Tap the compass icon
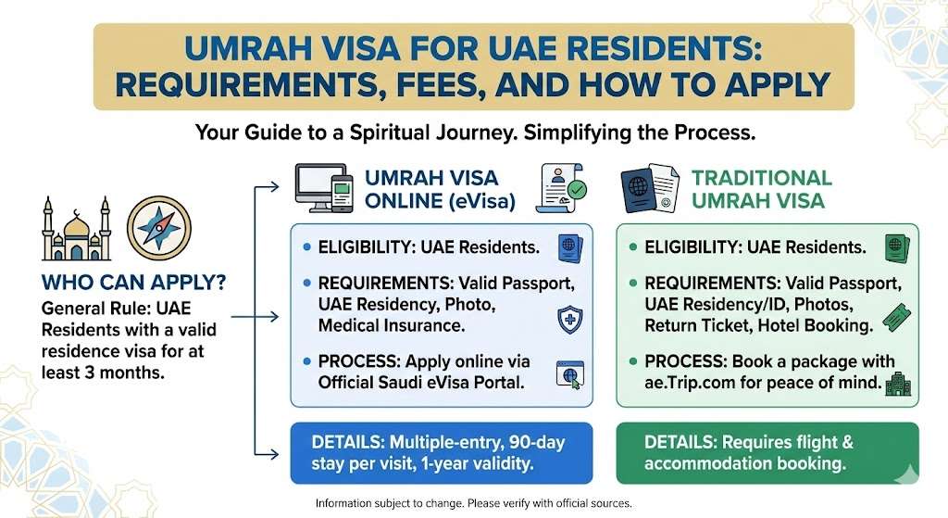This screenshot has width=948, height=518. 158,231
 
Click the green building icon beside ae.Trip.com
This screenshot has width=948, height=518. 896,384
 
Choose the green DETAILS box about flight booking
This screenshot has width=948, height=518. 767,453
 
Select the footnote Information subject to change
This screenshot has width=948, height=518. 473,503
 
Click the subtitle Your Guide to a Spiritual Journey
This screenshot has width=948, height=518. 475,133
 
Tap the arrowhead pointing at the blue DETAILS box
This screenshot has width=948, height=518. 275,453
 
